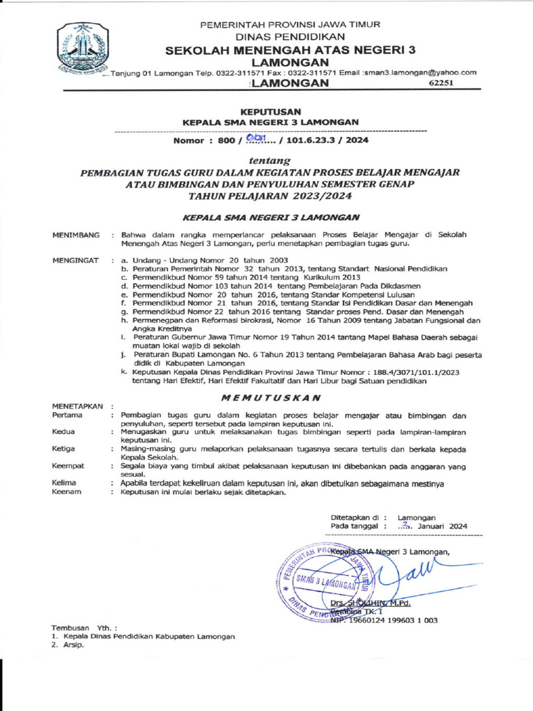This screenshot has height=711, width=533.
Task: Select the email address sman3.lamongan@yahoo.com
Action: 421,72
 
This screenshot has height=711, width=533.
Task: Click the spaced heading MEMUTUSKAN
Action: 270,398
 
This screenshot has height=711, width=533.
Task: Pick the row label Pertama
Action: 67,415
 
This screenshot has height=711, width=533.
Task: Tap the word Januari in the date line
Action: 432,526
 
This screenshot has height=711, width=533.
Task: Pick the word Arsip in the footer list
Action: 73,645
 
